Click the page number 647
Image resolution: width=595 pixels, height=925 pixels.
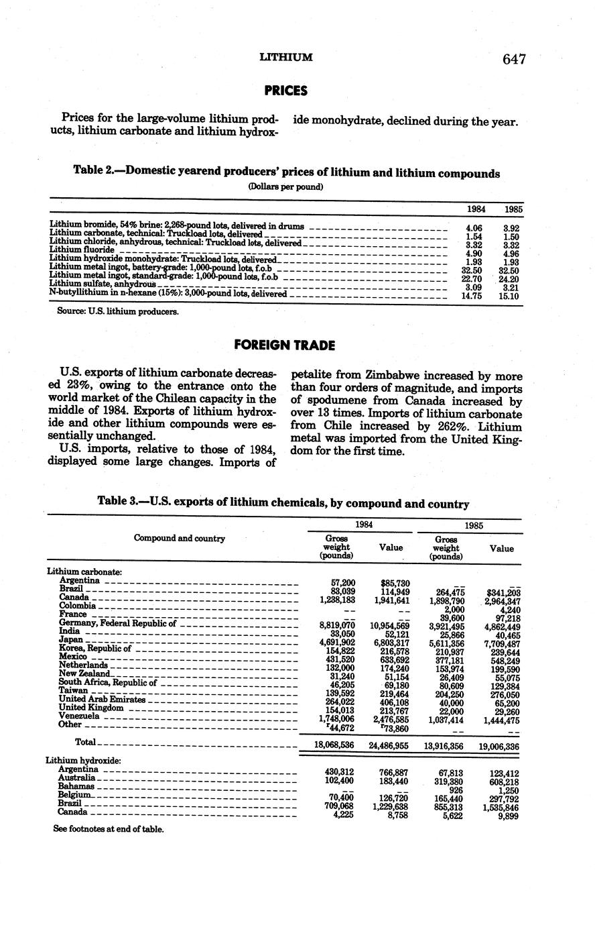[x=513, y=59]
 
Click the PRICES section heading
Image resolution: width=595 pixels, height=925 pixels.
[x=285, y=90]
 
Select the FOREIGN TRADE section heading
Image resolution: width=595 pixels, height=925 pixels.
[x=285, y=345]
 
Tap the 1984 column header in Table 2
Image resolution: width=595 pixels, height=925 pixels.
[x=476, y=209]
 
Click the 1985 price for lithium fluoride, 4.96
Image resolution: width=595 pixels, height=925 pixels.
[x=513, y=254]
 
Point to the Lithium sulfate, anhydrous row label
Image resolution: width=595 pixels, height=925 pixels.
[x=103, y=284]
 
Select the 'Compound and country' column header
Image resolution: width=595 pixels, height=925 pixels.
[x=179, y=538]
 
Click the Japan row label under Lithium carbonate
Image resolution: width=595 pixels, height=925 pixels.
[x=70, y=639]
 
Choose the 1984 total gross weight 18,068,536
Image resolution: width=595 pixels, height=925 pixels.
[x=334, y=745]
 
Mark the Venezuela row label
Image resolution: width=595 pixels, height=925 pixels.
[x=78, y=716]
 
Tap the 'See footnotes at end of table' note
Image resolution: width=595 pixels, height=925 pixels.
[x=108, y=829]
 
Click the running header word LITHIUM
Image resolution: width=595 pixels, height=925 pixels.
[x=286, y=58]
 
